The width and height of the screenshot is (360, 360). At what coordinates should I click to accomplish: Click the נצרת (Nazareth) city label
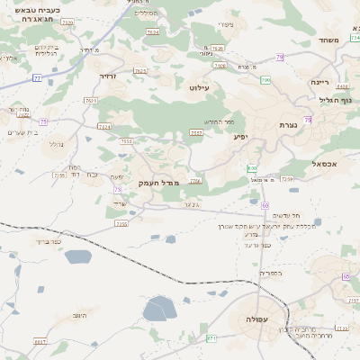click(288, 125)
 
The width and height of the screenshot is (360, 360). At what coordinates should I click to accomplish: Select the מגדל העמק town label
click(160, 183)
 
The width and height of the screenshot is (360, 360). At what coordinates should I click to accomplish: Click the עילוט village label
click(199, 88)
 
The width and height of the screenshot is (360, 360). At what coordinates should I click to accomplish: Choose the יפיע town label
click(240, 137)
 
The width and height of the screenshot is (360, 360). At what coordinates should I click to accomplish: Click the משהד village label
click(328, 41)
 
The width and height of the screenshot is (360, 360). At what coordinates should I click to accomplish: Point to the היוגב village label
click(78, 316)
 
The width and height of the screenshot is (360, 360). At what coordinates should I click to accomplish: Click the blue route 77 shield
click(37, 78)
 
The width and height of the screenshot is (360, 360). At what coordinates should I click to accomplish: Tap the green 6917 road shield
click(39, 343)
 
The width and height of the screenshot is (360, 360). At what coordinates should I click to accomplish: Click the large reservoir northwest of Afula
click(161, 309)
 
